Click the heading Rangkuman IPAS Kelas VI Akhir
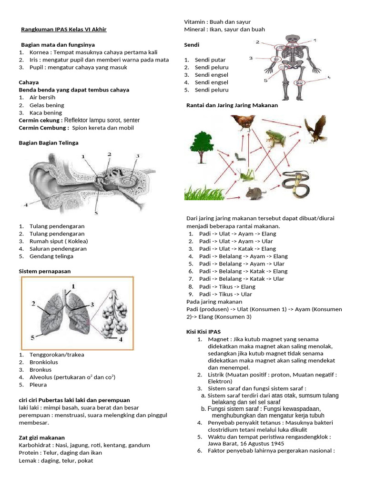pos(64,30)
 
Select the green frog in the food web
pos(276,139)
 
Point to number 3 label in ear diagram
pos(137,156)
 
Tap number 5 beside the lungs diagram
pos(33,337)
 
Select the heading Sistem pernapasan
pos(44,271)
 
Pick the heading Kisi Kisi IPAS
pos(203,332)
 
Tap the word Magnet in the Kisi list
pos(218,339)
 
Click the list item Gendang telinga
pos(51,256)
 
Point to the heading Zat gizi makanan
pos(41,437)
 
